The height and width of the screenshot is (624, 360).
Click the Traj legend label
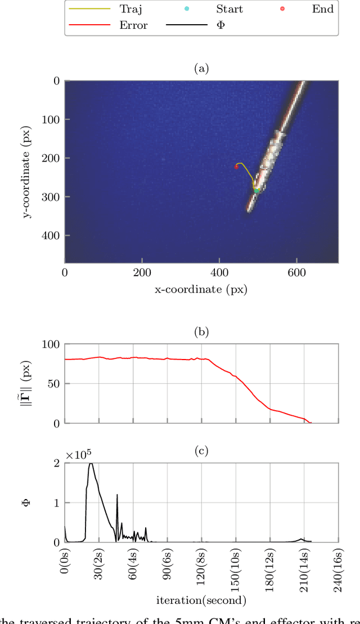coord(130,8)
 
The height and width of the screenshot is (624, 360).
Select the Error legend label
coord(133,25)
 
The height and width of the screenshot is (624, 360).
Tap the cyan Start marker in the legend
coord(187,8)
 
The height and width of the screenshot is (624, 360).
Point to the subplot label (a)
coord(201,69)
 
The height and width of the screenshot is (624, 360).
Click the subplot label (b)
coord(201,332)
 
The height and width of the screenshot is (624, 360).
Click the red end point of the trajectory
coord(236,167)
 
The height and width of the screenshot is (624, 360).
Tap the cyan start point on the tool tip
coord(256,191)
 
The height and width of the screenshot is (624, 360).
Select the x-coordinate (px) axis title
coord(201,290)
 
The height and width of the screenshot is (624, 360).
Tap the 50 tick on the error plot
coord(54,384)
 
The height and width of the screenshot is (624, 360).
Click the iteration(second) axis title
coord(201,600)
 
